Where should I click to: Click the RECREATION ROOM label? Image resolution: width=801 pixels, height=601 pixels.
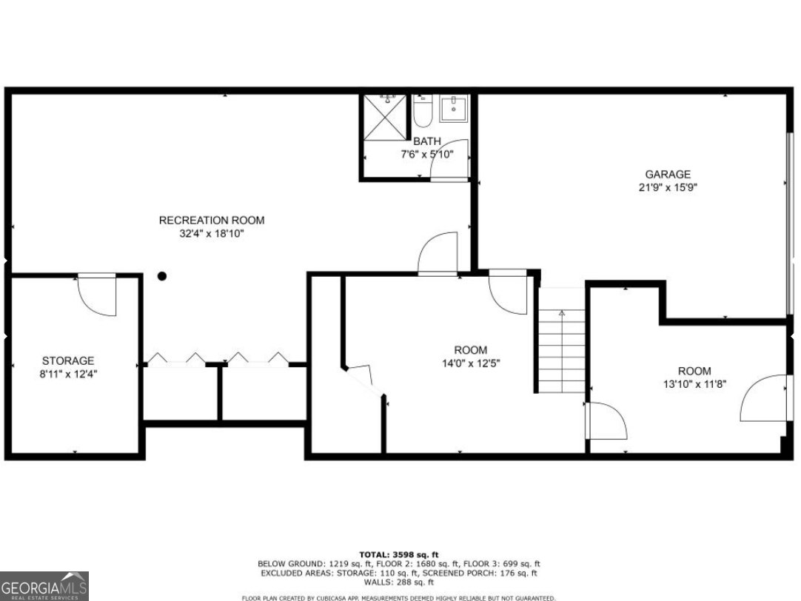pyautogui.click(x=212, y=220)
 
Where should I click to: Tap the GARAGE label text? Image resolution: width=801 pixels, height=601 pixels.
pyautogui.click(x=668, y=175)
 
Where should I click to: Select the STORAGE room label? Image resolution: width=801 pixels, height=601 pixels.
pyautogui.click(x=68, y=360)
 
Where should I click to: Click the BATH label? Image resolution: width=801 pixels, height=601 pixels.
pyautogui.click(x=427, y=141)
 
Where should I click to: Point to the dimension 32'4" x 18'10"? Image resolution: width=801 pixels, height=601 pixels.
pyautogui.click(x=212, y=233)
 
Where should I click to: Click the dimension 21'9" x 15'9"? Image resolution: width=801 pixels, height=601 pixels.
pyautogui.click(x=668, y=187)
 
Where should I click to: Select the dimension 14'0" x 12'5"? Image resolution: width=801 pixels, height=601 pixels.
pyautogui.click(x=471, y=363)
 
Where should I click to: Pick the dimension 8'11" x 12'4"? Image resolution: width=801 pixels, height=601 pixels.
pyautogui.click(x=69, y=374)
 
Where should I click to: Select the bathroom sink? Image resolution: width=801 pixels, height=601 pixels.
pyautogui.click(x=453, y=109)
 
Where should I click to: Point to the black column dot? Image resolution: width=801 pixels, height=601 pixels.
pyautogui.click(x=162, y=276)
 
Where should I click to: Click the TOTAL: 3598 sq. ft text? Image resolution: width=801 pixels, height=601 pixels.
pyautogui.click(x=399, y=554)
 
